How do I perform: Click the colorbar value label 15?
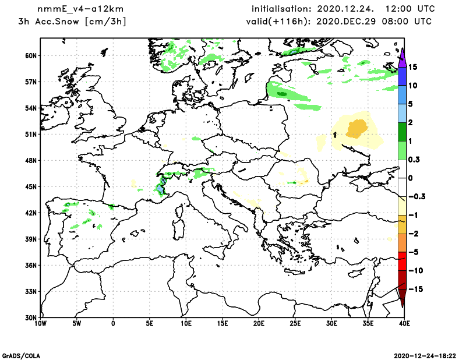[x=412, y=67]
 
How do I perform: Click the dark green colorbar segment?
[x=402, y=132]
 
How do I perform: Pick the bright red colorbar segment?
[x=402, y=261]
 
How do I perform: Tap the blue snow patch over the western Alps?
[x=160, y=188]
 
